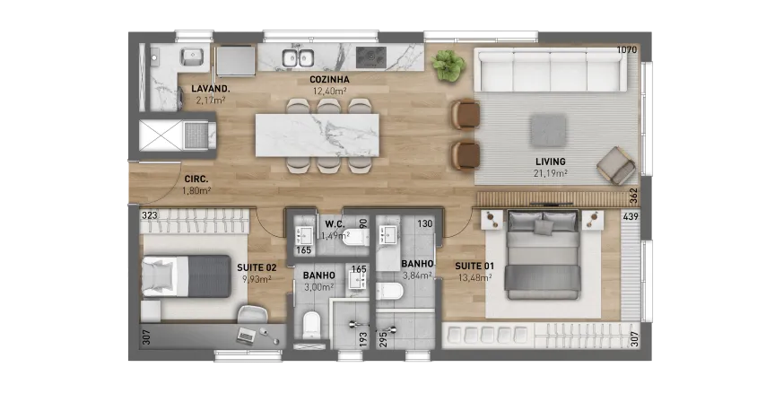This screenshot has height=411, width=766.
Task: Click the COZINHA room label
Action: (329, 79)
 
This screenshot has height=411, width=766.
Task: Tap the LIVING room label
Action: (551, 162)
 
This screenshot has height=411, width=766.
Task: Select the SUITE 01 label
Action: (474, 267)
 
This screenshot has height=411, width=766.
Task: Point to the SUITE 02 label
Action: (257, 267)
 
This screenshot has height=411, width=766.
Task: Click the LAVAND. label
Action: (211, 89)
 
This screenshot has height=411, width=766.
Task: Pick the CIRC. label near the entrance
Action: (196, 179)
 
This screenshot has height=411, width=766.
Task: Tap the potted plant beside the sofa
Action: (448, 65)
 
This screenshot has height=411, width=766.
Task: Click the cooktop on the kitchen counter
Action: (371, 57)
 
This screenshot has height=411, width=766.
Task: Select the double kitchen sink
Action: (298, 57)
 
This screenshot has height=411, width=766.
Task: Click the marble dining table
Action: (317, 136)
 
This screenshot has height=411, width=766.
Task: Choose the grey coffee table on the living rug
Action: (549, 130)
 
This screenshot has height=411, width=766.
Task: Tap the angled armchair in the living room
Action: (616, 166)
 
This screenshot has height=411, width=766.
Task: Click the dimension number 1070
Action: (627, 50)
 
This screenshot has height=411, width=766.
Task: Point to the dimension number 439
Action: (631, 216)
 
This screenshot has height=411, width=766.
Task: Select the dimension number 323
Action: (150, 215)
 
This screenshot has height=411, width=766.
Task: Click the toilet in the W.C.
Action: (354, 238)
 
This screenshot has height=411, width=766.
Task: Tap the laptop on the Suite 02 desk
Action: (246, 336)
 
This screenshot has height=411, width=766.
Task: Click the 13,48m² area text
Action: (474, 278)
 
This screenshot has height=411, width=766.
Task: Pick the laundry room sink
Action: (193, 57)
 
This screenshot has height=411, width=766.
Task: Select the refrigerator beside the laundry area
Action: (236, 61)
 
